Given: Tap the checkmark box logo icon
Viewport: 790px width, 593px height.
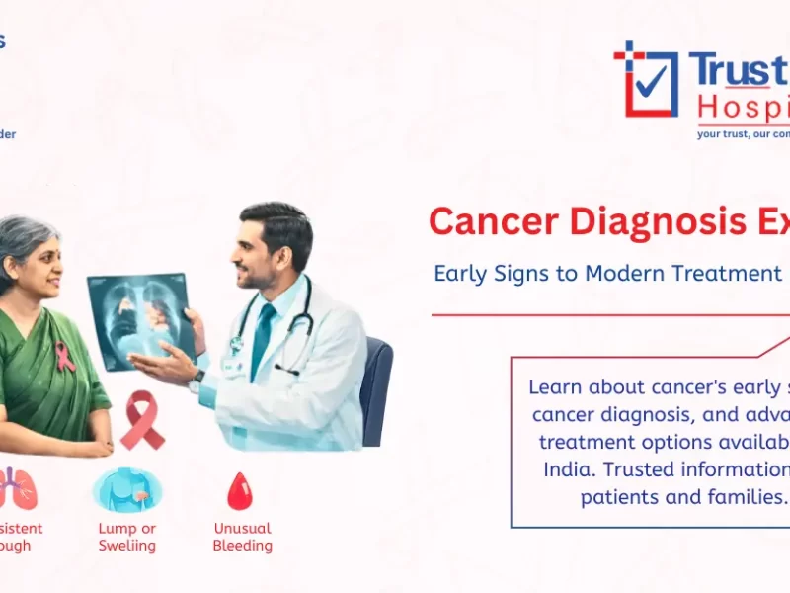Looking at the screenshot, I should coord(647,79).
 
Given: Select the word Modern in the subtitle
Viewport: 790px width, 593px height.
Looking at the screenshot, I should coord(632,274).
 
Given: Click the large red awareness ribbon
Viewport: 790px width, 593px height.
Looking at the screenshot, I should coord(142,419).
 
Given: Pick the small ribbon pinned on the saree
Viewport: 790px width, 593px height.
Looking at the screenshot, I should coord(65,357).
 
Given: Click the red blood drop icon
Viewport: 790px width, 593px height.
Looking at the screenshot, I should coord(239,490).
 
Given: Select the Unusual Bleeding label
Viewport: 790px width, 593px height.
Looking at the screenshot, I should coord(242,537).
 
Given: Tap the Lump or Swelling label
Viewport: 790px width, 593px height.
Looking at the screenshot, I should coord(126,537).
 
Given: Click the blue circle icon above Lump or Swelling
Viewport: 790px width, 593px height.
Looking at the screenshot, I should coord(126,490).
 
